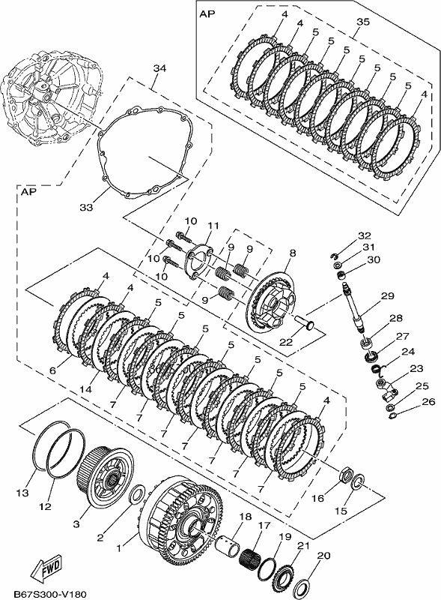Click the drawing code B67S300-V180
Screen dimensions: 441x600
click(50, 594)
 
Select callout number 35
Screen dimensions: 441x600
click(363, 22)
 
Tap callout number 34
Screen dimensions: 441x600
click(159, 68)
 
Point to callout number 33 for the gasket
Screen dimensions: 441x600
click(86, 208)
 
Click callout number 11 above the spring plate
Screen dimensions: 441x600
click(213, 226)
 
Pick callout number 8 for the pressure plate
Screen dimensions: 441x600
click(293, 253)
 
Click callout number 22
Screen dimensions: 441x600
click(287, 342)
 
